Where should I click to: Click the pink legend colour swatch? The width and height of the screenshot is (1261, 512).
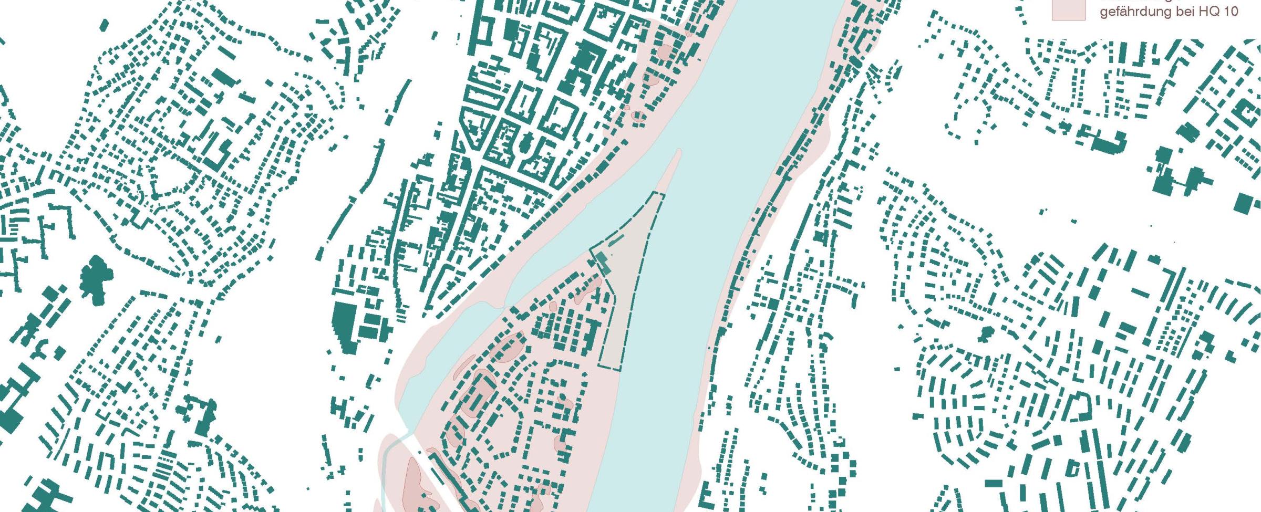(1068, 9)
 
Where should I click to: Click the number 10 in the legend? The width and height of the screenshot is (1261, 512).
(1229, 11)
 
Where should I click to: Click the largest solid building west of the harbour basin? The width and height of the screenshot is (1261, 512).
(345, 323)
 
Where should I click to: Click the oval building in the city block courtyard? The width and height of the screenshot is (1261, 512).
(527, 142)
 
